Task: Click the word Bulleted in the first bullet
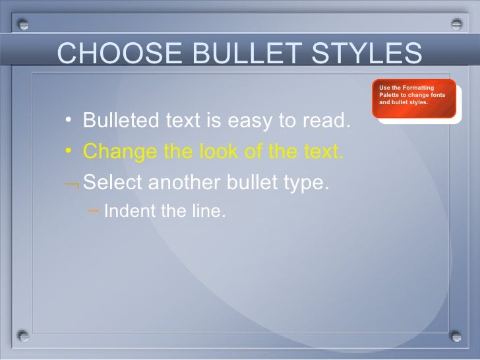[x=121, y=121]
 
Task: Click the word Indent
[x=125, y=212]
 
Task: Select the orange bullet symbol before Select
[x=72, y=185]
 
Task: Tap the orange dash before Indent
[x=93, y=212]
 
